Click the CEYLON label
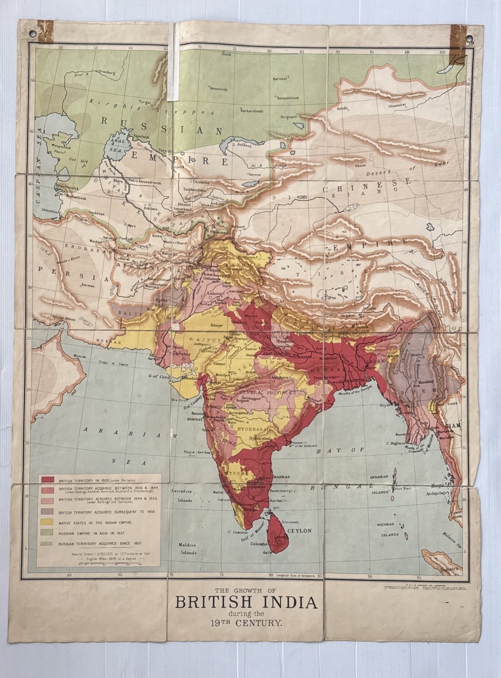(300, 531)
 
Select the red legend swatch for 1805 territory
(47, 479)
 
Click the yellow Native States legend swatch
(47, 522)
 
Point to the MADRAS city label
(281, 477)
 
